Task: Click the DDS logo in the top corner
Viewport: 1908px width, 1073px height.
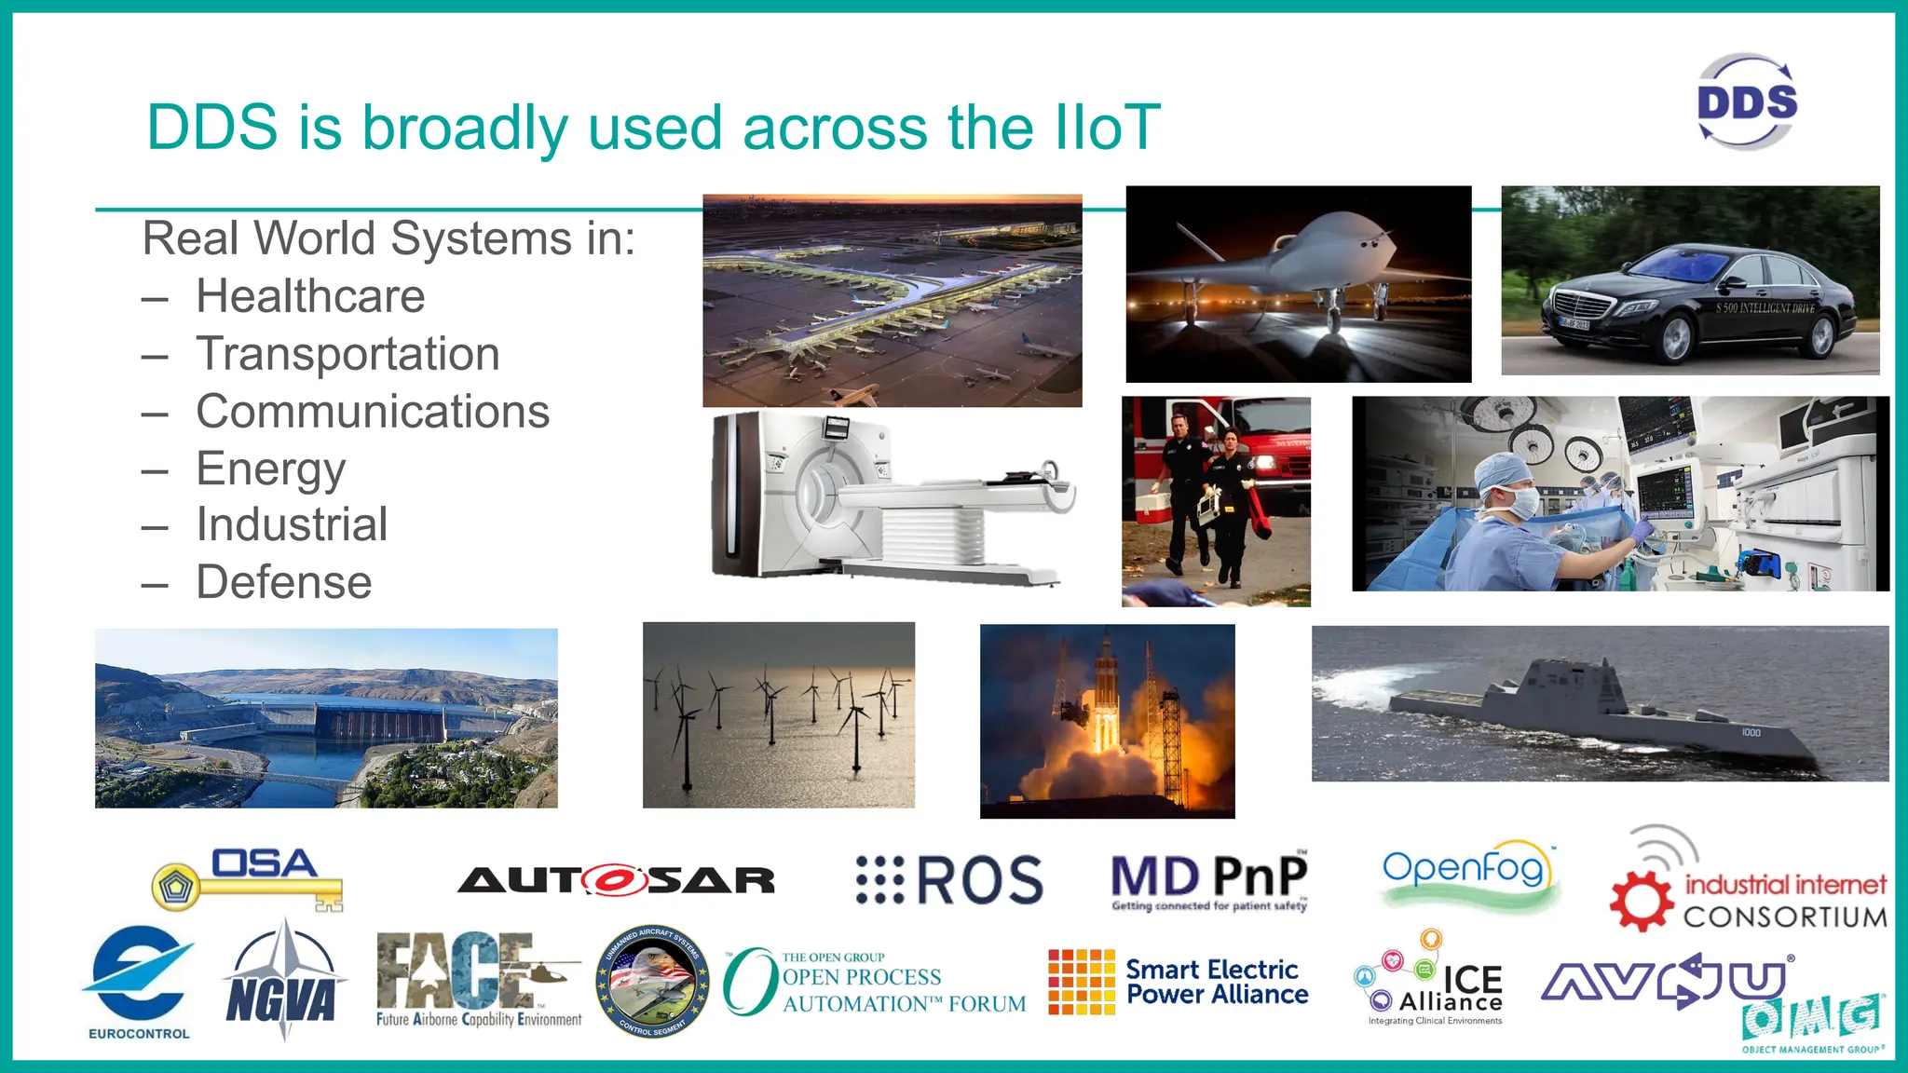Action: (1747, 102)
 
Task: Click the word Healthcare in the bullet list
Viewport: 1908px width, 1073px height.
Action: (310, 297)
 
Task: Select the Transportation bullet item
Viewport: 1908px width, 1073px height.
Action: (348, 355)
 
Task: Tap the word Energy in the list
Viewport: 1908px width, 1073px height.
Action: (270, 469)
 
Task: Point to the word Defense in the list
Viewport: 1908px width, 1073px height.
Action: (283, 583)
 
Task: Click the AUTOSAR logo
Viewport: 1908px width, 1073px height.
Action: (616, 880)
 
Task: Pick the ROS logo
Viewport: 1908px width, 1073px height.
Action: (949, 880)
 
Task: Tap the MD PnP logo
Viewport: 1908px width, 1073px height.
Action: (1209, 881)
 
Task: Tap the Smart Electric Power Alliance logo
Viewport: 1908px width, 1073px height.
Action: (1178, 983)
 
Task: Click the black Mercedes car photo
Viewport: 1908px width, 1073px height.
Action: (1690, 281)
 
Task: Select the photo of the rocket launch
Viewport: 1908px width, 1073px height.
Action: (1107, 722)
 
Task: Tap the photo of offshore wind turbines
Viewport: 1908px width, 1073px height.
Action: (779, 715)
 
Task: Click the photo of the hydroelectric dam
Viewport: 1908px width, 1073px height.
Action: (326, 718)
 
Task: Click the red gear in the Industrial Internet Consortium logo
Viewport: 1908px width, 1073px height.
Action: (1642, 901)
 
